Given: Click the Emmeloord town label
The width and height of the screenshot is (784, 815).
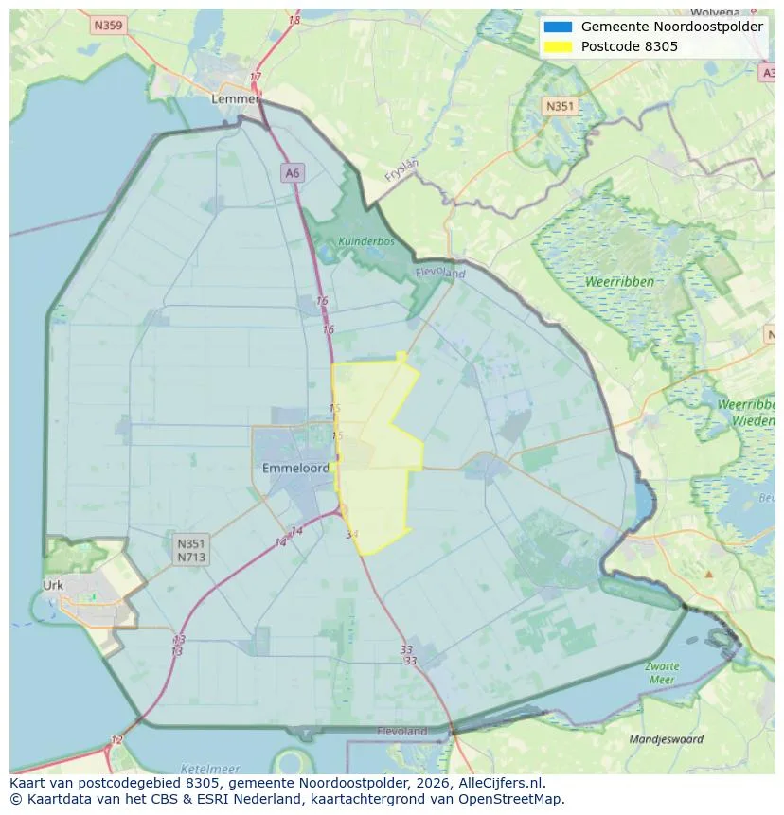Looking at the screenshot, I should click(x=295, y=468).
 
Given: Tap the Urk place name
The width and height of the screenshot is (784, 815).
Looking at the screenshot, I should click(x=53, y=585).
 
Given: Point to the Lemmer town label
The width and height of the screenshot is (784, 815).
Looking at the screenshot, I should click(x=235, y=98).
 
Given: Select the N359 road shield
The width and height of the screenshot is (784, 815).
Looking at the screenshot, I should click(x=109, y=26).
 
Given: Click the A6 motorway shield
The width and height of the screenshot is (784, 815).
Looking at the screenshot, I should click(x=293, y=172).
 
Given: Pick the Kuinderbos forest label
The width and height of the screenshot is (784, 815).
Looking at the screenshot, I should click(x=365, y=241).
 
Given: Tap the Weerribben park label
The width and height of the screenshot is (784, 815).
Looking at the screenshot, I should click(x=616, y=282).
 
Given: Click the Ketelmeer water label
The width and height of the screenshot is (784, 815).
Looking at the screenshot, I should click(x=209, y=769).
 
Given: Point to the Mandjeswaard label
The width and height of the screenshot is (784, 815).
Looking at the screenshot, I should click(x=667, y=738).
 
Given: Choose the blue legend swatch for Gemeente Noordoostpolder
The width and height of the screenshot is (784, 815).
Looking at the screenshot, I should click(x=559, y=27).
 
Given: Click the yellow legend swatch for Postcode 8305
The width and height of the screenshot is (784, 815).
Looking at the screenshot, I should click(x=559, y=46).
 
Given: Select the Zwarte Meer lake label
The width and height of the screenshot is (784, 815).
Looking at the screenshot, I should click(x=662, y=673).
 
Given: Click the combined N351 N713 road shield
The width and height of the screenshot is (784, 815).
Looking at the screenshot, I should click(x=191, y=550).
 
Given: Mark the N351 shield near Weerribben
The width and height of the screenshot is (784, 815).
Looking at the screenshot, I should click(x=559, y=106).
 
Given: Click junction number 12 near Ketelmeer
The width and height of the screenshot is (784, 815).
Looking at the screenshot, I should click(x=116, y=739).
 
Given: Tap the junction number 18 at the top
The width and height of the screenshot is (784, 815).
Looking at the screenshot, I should click(x=294, y=20).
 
